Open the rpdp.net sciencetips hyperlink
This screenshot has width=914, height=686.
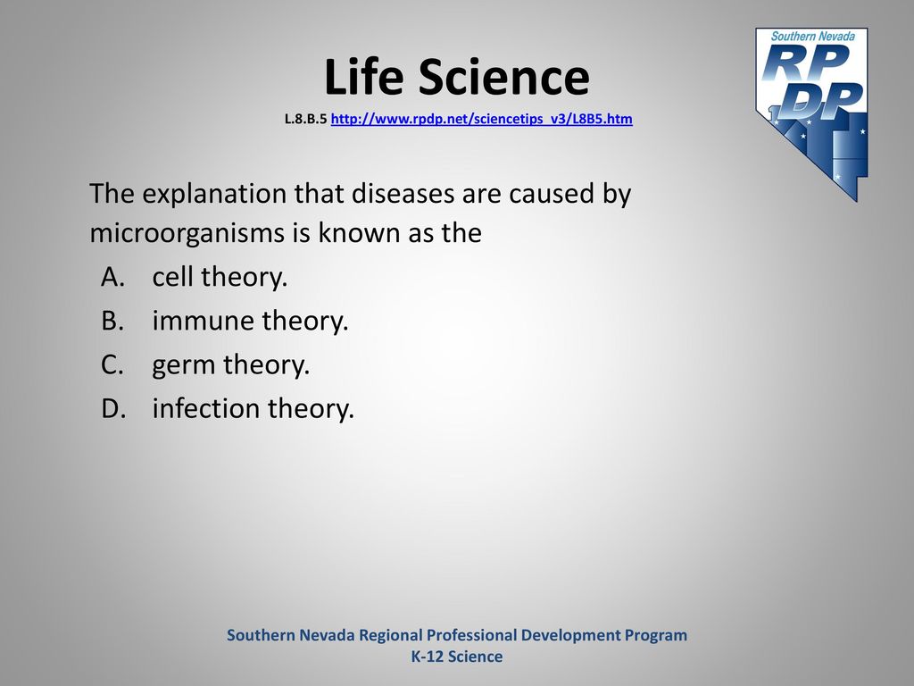[481, 119]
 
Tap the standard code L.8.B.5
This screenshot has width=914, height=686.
[305, 119]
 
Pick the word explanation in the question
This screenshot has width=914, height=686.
[214, 194]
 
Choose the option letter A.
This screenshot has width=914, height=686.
[113, 277]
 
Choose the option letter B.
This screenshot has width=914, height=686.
[112, 321]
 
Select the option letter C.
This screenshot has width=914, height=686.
[112, 364]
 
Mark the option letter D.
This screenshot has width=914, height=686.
[113, 408]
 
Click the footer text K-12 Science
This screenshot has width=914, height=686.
[457, 657]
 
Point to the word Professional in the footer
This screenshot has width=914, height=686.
[471, 635]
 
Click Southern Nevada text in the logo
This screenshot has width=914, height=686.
[813, 36]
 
